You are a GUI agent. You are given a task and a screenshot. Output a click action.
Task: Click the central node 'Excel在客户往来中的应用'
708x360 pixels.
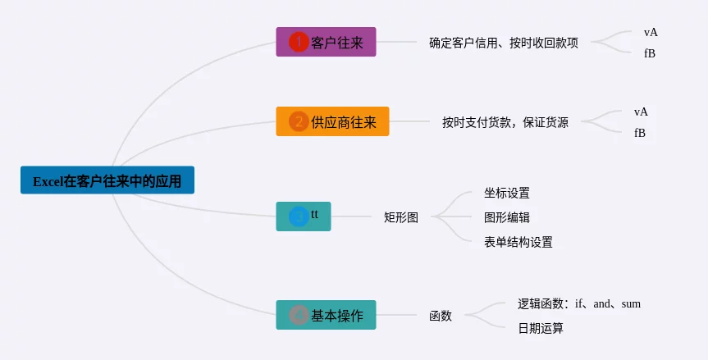click(x=107, y=180)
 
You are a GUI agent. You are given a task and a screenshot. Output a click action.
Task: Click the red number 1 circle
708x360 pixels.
click(x=299, y=42)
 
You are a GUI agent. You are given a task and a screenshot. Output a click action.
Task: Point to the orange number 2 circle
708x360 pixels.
click(x=299, y=121)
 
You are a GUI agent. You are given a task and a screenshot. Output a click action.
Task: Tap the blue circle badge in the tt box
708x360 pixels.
click(x=299, y=216)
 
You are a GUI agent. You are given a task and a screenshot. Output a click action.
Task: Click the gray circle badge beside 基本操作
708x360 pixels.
click(x=299, y=315)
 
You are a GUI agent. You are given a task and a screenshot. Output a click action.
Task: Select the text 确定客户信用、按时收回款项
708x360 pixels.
click(x=503, y=43)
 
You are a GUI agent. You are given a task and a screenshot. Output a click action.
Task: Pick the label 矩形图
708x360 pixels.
click(x=400, y=217)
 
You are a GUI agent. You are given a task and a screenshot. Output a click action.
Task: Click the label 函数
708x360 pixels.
click(x=440, y=315)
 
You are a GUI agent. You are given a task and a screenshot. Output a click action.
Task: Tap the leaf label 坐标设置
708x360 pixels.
click(x=506, y=194)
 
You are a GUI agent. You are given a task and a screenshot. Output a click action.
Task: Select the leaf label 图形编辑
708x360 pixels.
click(x=506, y=217)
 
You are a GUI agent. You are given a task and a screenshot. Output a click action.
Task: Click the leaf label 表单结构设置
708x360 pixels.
click(x=518, y=242)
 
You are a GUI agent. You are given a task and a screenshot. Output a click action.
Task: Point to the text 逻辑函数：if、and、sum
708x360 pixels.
click(x=578, y=303)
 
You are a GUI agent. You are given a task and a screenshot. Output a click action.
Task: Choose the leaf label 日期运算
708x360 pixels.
click(x=540, y=328)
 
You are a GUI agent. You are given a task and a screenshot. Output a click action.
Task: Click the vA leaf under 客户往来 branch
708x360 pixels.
click(x=651, y=32)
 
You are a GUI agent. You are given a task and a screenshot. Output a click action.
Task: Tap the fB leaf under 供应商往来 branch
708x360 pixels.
click(x=640, y=132)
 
